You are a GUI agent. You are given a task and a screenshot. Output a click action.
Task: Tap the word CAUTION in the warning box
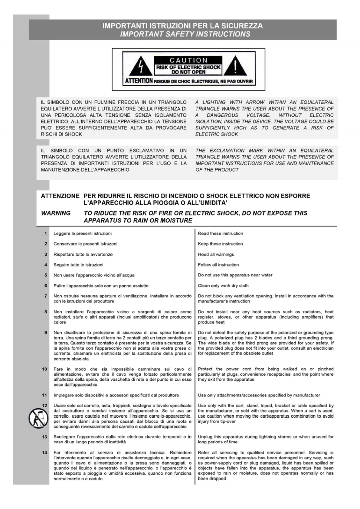coord(188,60)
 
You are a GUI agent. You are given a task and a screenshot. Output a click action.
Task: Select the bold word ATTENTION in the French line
coord(139,81)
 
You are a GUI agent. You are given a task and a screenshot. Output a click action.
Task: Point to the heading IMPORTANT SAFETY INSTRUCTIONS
coord(185,34)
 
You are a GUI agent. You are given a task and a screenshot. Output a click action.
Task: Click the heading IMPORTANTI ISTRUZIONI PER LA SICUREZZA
coord(182,26)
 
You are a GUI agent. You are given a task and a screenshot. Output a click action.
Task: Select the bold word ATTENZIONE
coord(60,196)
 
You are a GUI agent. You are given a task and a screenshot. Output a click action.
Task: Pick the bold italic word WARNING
coord(56,213)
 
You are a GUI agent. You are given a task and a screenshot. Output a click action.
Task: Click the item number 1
coord(46,233)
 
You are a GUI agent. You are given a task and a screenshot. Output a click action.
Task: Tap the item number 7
coord(46,296)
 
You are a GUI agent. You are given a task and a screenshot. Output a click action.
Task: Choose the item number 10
coord(44,369)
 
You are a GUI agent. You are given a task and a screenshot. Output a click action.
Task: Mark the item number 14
coord(44,452)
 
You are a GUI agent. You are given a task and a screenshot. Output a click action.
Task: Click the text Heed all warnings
coord(216,254)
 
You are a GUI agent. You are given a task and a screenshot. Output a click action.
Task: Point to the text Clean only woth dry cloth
coord(223,285)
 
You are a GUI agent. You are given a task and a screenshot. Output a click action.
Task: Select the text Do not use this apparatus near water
coord(235,275)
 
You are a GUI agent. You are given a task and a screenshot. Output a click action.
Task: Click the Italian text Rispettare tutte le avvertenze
coord(83,254)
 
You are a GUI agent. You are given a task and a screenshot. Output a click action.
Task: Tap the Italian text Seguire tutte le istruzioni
coord(78,265)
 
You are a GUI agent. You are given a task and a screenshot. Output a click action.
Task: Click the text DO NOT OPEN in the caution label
coord(188,72)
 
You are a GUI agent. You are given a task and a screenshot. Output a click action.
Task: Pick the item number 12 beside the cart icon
coord(44,405)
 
